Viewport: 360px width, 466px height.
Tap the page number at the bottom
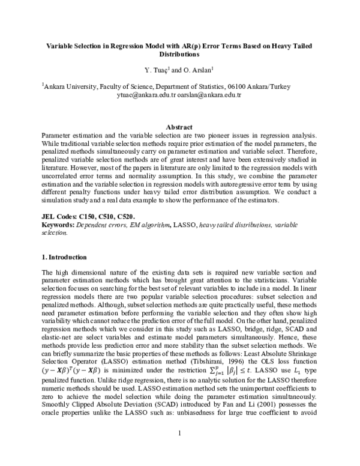coord(179,449)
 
